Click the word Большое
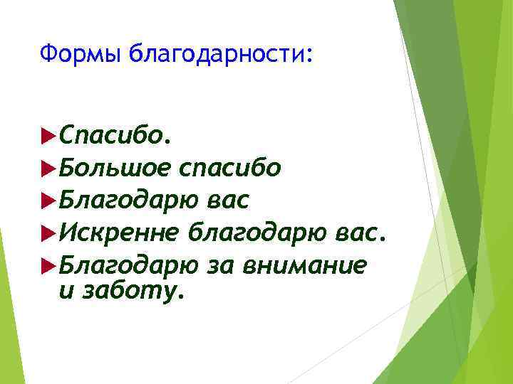[115, 168]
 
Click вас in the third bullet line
[227, 201]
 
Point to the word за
[221, 265]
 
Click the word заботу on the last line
[135, 292]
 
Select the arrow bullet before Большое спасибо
[49, 168]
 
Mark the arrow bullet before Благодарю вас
[49, 200]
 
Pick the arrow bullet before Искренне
[49, 232]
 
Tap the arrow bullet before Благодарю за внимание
[49, 264]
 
